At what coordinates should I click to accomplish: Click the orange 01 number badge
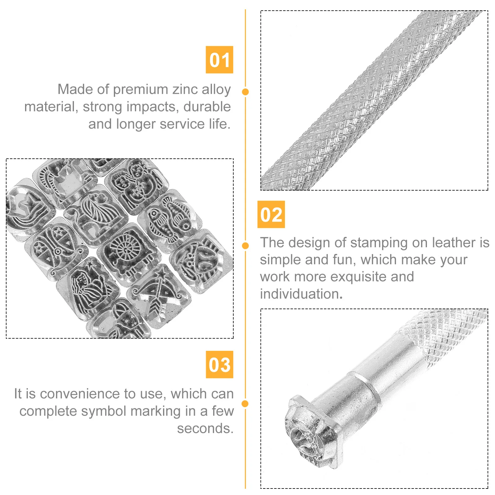219,60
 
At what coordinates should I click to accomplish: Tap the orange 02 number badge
271,214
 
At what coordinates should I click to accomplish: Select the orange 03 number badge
220,364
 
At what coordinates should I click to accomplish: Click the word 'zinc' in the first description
185,89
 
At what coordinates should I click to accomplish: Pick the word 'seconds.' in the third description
205,429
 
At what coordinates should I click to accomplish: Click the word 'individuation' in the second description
299,294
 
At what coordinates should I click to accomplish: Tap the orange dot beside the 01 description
246,92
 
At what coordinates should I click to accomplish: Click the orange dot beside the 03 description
245,403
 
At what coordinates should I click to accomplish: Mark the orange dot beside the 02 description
245,246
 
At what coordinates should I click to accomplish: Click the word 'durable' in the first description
207,107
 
